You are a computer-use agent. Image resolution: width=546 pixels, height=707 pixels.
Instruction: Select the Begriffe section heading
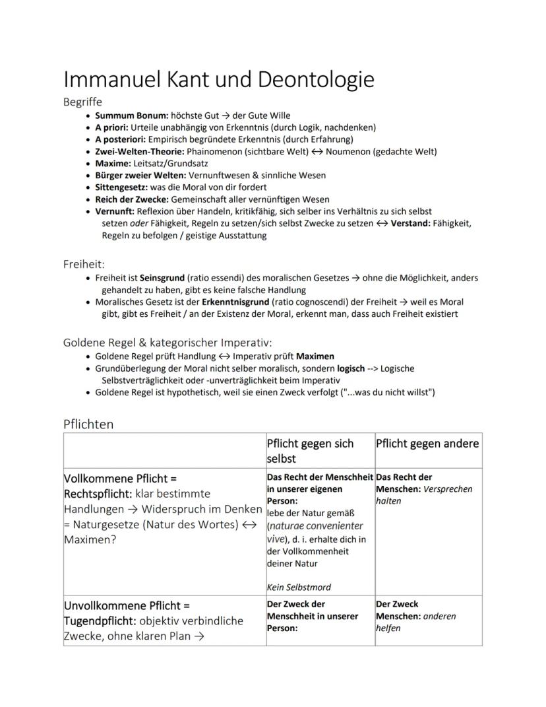[82, 102]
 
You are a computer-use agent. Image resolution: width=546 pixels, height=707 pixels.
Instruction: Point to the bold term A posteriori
[120, 139]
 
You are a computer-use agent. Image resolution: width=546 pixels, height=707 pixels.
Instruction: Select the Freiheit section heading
[84, 264]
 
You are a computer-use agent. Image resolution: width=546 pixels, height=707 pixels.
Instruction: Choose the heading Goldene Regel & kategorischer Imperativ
[167, 342]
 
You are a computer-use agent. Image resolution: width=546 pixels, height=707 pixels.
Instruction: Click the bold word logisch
[350, 368]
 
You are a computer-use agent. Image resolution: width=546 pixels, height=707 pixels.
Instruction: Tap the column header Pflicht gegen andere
[427, 444]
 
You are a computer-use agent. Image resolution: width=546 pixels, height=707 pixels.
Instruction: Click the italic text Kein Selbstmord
[299, 587]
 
